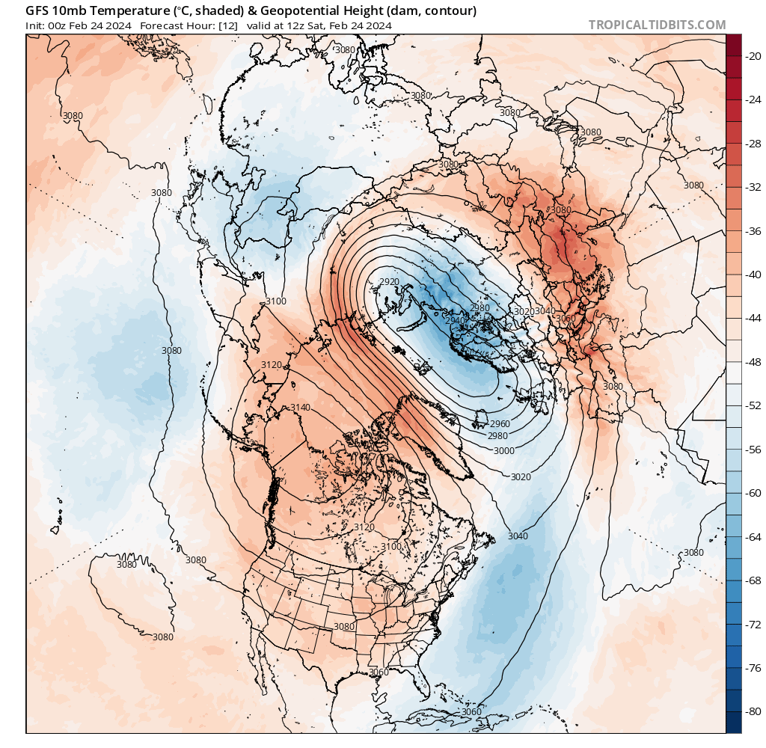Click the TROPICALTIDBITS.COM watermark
click(x=657, y=25)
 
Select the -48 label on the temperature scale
click(x=750, y=361)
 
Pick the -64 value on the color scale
click(x=750, y=536)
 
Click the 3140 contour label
click(x=300, y=407)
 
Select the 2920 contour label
click(x=389, y=281)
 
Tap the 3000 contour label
click(x=504, y=450)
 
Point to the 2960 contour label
click(x=500, y=423)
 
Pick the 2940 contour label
click(x=456, y=320)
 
